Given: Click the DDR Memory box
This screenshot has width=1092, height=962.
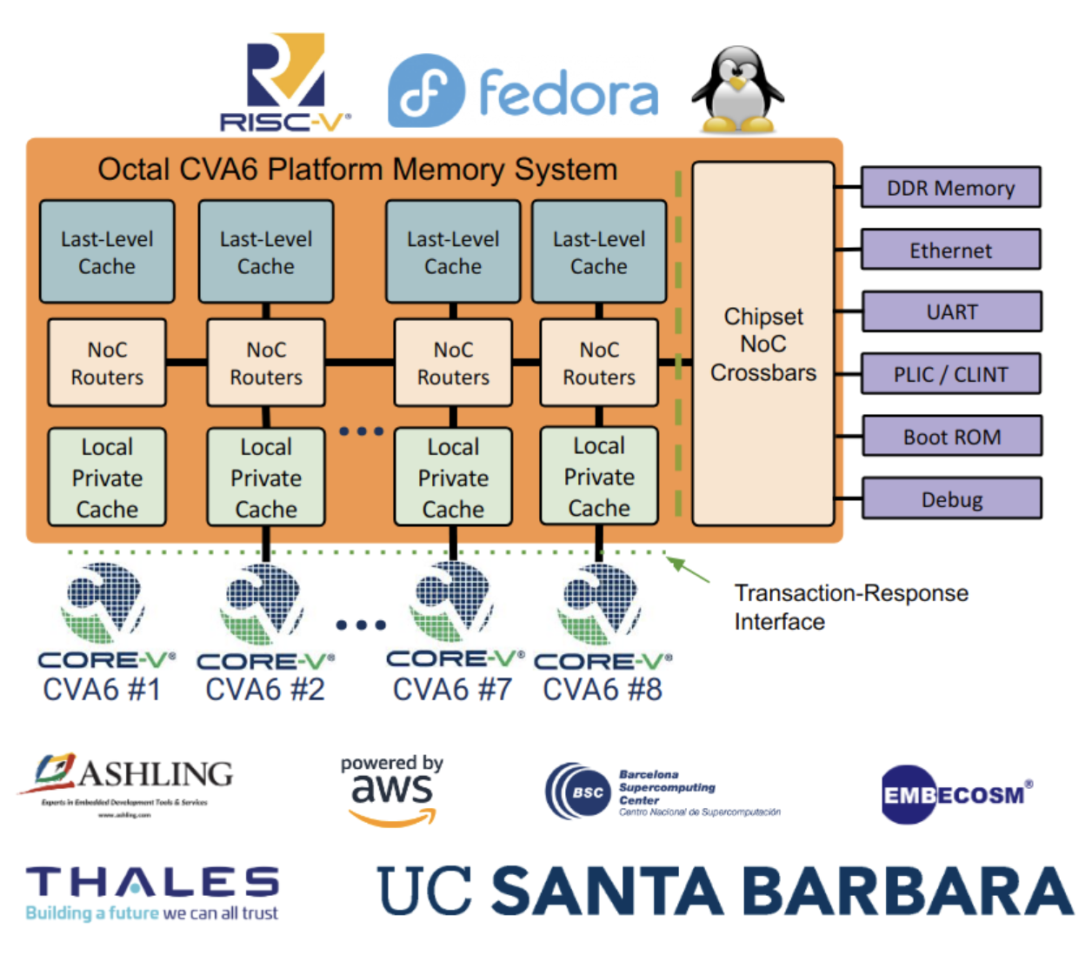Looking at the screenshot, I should (950, 188).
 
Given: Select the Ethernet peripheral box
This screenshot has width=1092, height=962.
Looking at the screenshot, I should (950, 251).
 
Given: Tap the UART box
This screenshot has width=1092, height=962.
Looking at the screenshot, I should (951, 312).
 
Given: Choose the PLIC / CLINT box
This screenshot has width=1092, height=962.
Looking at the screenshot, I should (950, 375).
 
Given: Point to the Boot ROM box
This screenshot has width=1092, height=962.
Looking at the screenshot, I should (951, 437).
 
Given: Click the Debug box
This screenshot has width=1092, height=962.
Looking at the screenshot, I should (951, 499).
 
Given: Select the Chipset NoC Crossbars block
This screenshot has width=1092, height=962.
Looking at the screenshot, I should (762, 344).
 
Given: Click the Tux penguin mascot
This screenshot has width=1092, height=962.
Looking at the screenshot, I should (737, 90).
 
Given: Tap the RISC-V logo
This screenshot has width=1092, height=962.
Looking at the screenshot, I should (284, 83).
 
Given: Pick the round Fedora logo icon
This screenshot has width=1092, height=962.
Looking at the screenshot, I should (426, 90).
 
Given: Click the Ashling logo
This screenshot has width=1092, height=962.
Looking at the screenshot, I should (127, 782).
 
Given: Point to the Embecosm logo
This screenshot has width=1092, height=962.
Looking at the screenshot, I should (955, 794).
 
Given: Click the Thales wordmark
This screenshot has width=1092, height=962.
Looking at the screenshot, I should (152, 883).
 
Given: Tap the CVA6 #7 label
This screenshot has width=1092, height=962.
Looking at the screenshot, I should (452, 690).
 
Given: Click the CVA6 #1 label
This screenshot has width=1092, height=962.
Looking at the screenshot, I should (102, 690).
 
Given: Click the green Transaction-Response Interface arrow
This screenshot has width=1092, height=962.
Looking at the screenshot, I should (688, 570).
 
